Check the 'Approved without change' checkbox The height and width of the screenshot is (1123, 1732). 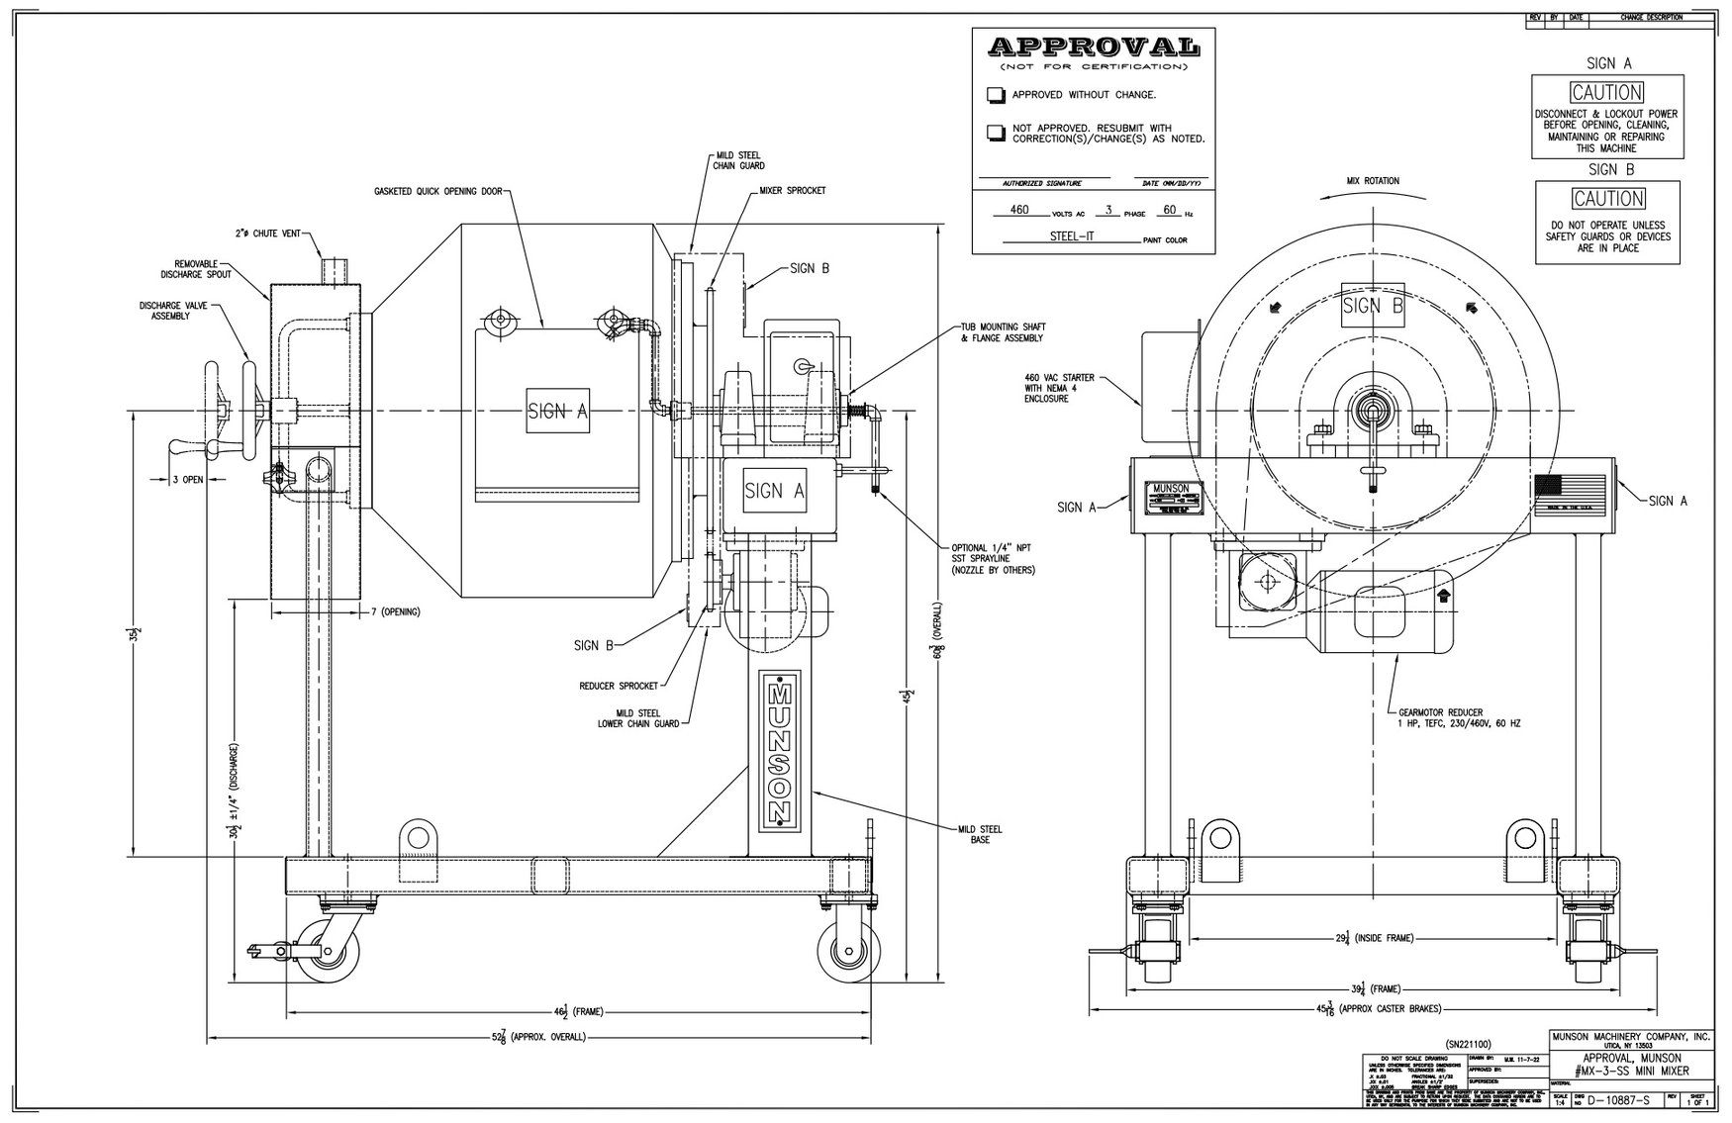(x=995, y=95)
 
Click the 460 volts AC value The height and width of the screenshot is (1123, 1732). (x=1019, y=210)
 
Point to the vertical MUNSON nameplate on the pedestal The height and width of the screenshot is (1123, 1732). (x=780, y=751)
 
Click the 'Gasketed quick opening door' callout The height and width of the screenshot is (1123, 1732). (x=440, y=191)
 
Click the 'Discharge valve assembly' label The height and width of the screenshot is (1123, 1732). (x=173, y=311)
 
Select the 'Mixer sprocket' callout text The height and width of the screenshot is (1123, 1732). (x=793, y=190)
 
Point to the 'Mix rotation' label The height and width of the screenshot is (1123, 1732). (x=1373, y=181)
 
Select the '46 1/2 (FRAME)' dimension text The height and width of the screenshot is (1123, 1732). (x=580, y=1011)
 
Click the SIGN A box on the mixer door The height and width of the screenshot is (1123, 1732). (x=557, y=412)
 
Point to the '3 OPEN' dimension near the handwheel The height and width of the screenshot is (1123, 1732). (x=187, y=479)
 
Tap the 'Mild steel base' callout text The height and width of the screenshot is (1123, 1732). (x=980, y=835)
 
